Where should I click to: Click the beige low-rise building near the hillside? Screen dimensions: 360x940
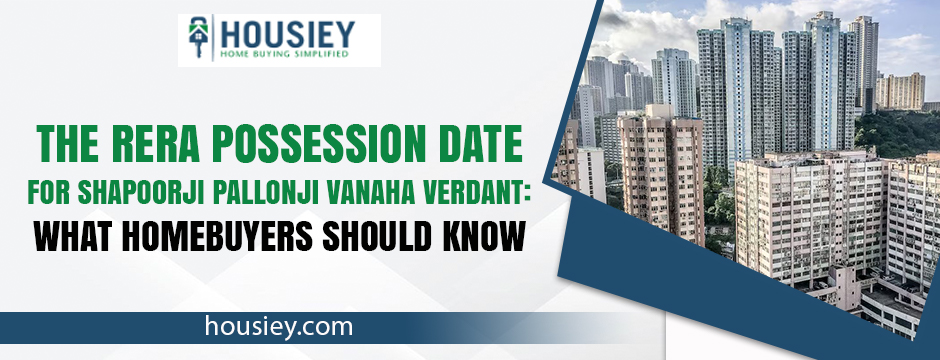[x=899, y=91]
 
